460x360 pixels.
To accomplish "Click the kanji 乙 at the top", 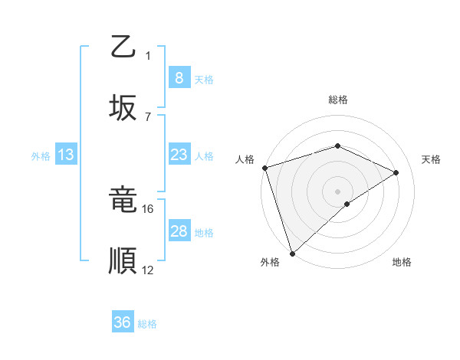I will point(123,47).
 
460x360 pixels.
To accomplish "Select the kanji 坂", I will point(123,108).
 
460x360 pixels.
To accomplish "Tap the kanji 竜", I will point(123,201).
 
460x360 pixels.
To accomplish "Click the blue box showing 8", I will point(179,77).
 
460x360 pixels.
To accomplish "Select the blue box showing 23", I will point(179,155).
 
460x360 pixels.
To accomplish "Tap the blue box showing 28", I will point(179,231).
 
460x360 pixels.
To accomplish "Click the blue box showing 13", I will point(66,155).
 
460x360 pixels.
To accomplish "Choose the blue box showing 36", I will point(122,322).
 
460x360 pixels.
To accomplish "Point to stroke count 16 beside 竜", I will point(148,208).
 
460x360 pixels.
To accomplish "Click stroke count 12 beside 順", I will point(148,270).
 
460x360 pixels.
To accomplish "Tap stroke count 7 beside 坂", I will point(148,116).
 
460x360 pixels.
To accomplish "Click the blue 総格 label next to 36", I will point(147,324).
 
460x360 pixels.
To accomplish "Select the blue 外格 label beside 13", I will point(41,155).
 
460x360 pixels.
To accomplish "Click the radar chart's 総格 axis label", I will point(338,100).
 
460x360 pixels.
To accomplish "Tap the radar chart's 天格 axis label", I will point(431,159).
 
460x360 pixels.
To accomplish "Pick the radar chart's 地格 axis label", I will point(402,262).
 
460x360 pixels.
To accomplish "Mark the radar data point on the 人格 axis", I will point(264,168).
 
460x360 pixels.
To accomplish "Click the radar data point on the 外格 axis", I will point(292,252).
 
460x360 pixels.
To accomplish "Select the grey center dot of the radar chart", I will point(337,191).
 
